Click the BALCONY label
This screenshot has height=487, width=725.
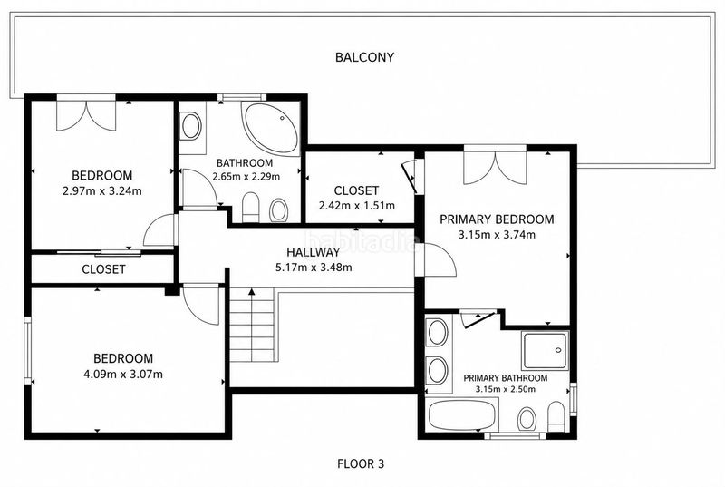pos(364,57)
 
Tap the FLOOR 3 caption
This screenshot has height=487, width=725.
pos(361,463)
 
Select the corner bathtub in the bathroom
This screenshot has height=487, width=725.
pos(271,128)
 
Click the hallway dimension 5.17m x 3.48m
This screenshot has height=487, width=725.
pos(314,268)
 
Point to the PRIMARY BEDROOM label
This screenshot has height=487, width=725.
pos(497,219)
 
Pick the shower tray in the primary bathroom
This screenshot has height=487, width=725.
pos(546,350)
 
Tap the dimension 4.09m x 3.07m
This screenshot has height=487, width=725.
pos(123,375)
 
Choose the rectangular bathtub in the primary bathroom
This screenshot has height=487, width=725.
pos(462,415)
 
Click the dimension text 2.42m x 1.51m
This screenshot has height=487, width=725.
pos(357,205)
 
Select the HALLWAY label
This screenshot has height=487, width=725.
pos(313,252)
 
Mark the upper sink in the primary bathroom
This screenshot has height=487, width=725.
pos(438,333)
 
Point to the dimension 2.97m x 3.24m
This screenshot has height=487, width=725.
pos(102,190)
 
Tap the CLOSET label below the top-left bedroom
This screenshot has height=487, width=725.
pos(103,269)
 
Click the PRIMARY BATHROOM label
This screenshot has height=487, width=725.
pos(506,378)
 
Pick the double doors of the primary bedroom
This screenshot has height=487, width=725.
pos(495,166)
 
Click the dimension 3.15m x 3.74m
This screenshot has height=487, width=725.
pos(497,235)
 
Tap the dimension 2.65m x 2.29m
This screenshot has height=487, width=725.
pos(246,177)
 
